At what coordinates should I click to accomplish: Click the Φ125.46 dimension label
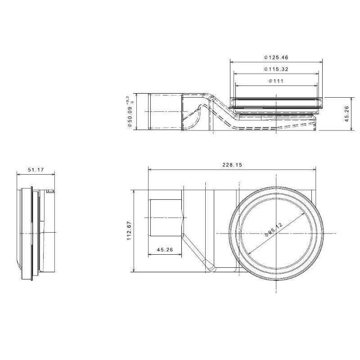[276, 57]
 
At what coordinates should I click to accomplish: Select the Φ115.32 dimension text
[276, 69]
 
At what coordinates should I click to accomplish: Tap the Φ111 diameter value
[276, 81]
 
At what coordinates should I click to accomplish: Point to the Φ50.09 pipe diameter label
[130, 114]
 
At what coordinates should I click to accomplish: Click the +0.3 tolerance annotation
[127, 99]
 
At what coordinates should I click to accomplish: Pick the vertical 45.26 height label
[346, 114]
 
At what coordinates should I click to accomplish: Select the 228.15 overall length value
[232, 165]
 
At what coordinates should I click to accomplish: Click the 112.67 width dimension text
[129, 231]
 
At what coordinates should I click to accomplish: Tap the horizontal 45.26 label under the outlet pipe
[165, 250]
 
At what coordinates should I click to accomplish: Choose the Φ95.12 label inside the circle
[274, 229]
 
